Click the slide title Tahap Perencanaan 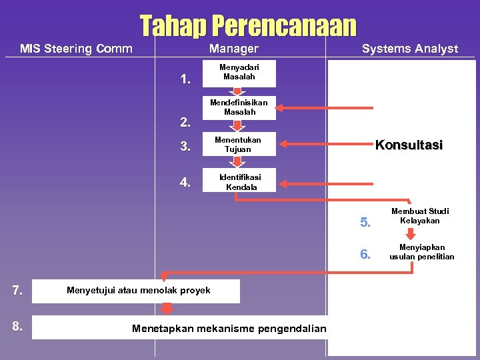[248, 26]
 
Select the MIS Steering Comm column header [76, 48]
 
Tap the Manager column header [233, 48]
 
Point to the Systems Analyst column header [409, 48]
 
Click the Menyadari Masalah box [239, 72]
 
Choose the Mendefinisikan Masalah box [239, 107]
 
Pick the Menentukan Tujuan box [238, 144]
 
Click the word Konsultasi [408, 145]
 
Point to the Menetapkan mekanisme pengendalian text [229, 328]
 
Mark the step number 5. [365, 223]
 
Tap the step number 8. [18, 327]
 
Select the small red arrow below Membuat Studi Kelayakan [411, 233]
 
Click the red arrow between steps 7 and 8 [167, 308]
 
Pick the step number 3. [186, 147]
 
